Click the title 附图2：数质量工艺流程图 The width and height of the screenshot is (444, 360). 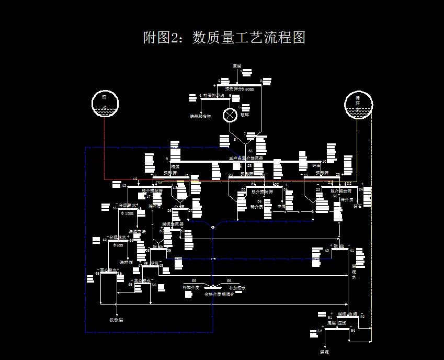pyautogui.click(x=224, y=38)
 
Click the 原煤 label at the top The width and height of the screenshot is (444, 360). pyautogui.click(x=237, y=66)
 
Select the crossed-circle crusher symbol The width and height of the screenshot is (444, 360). pyautogui.click(x=230, y=115)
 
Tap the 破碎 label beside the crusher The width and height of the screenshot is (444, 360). pyautogui.click(x=245, y=115)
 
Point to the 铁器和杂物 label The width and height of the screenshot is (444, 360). pyautogui.click(x=200, y=116)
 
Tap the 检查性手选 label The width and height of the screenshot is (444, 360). pyautogui.click(x=213, y=96)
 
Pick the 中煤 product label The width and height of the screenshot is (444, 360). pyautogui.click(x=281, y=207)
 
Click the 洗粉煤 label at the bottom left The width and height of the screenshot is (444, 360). pyautogui.click(x=116, y=319)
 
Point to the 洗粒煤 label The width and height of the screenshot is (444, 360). pyautogui.click(x=127, y=262)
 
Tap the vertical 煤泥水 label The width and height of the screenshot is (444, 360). pyautogui.click(x=354, y=272)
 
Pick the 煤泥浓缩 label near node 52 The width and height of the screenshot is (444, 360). pyautogui.click(x=347, y=314)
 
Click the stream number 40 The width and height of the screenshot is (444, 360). pyautogui.click(x=327, y=250)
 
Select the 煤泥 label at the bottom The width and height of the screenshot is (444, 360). pyautogui.click(x=324, y=352)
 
